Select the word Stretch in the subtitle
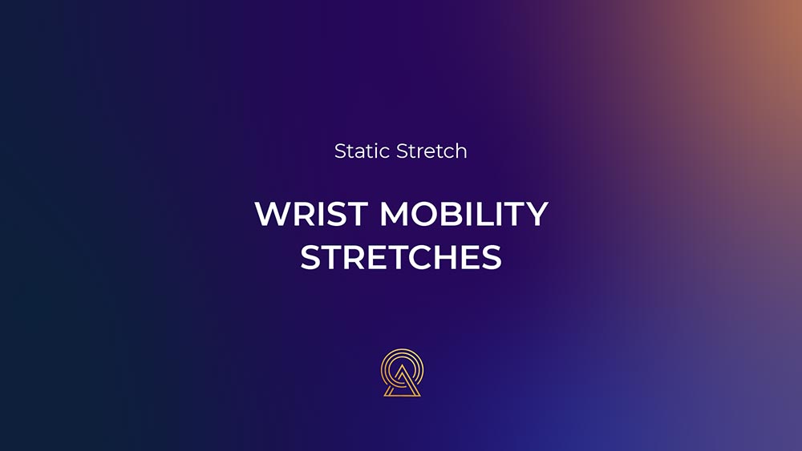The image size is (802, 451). [x=431, y=151]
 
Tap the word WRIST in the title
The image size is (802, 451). [x=311, y=214]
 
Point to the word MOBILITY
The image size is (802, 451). [x=464, y=214]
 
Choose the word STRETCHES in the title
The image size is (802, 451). [x=401, y=257]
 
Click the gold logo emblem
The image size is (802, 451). [x=402, y=372]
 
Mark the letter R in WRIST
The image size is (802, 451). [x=306, y=214]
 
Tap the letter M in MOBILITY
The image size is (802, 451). [x=393, y=214]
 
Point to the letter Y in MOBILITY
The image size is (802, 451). [x=536, y=214]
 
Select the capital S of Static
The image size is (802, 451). [x=340, y=151]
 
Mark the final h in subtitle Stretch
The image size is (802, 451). [x=461, y=151]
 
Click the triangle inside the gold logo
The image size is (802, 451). [x=402, y=382]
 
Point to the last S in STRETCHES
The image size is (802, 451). [x=492, y=257]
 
